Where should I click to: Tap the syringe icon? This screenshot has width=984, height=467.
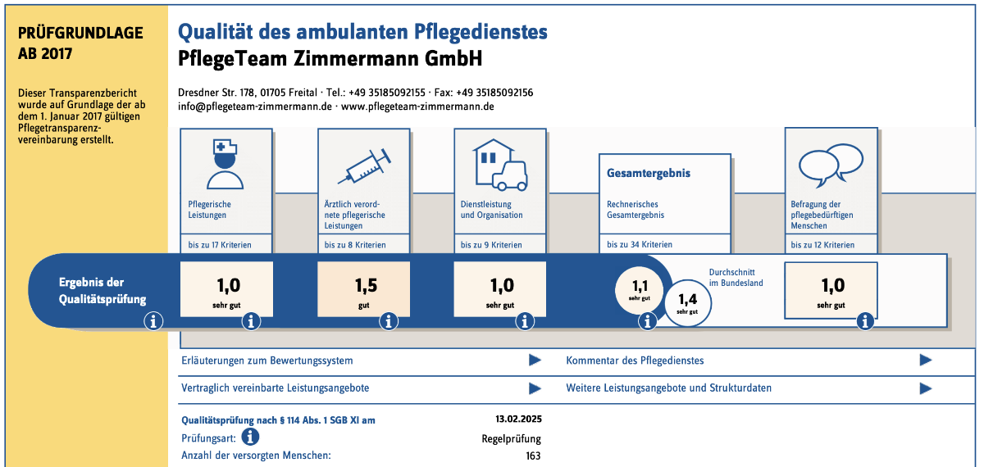(364, 166)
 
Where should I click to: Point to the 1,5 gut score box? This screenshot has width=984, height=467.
(364, 289)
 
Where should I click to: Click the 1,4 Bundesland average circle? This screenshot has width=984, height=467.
(687, 303)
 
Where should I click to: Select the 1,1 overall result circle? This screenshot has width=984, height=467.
(640, 289)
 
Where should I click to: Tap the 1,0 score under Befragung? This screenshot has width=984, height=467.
(831, 289)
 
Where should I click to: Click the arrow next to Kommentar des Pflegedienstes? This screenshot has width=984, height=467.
(926, 360)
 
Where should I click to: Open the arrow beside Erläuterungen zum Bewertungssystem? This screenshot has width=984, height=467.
(535, 360)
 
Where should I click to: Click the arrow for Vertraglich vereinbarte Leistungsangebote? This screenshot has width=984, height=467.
(535, 388)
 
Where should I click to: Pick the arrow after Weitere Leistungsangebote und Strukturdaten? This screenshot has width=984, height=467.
(926, 388)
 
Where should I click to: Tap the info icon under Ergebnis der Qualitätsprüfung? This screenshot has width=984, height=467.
(153, 322)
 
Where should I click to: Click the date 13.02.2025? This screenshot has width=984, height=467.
(518, 419)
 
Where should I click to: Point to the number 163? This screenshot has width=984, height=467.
(533, 456)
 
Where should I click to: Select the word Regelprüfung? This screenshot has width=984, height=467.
(512, 438)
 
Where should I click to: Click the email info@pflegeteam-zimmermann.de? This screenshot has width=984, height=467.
(254, 107)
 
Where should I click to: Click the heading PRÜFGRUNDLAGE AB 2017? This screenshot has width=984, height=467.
(80, 43)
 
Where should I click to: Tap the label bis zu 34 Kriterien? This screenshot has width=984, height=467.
(640, 244)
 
